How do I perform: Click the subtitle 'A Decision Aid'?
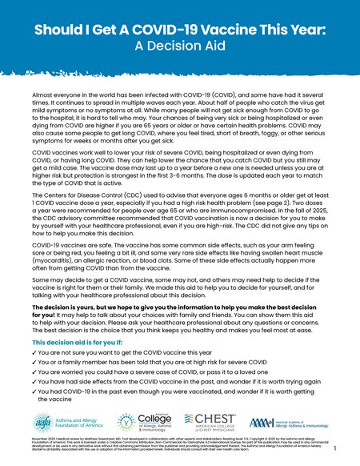179,46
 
